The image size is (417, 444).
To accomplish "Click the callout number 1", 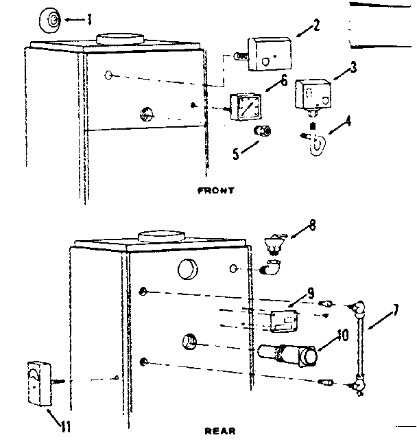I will (88, 19).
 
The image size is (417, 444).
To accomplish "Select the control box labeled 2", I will (263, 54).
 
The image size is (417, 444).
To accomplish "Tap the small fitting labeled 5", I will (263, 130).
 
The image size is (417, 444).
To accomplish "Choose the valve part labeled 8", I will (274, 242).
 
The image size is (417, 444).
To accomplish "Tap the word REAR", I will (220, 431).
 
